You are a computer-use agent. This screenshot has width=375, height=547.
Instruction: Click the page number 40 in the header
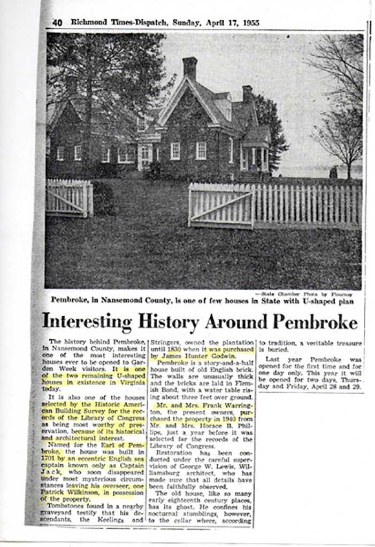coord(58,23)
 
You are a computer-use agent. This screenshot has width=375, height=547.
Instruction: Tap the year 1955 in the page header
coord(250,23)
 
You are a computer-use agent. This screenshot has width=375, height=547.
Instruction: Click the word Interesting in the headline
coord(87,322)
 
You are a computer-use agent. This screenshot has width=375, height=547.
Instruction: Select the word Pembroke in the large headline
coord(315,322)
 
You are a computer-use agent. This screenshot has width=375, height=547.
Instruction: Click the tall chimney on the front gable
coord(189,68)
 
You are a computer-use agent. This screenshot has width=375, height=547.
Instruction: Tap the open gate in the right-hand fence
coord(221,205)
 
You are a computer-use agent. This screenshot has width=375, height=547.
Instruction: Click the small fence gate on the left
coord(68,198)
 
